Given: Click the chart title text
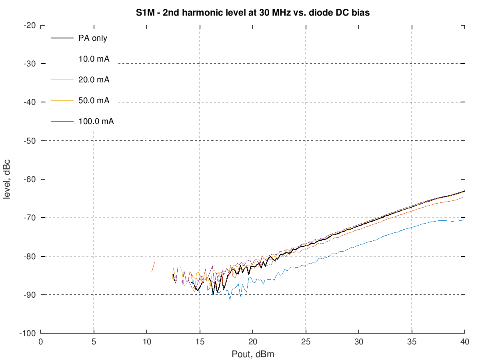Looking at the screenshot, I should pos(252,13).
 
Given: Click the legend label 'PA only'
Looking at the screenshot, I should pos(93,38).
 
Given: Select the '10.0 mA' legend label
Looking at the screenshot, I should pos(94,59).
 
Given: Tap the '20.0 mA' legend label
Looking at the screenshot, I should pos(94,80).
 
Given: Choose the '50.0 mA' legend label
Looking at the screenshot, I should pos(94,100).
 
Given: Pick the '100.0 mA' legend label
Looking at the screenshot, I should pos(96,121).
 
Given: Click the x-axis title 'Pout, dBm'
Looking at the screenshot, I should pos(253,354).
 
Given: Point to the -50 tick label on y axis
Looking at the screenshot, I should pos(30,141).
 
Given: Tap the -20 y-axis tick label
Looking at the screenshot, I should pos(30,25).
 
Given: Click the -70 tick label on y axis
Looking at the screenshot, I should pos(30,218).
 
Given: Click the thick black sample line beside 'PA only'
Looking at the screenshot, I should pos(62,38).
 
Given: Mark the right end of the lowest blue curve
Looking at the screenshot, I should pos(464,219).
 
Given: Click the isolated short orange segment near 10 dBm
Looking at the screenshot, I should pos(153,267).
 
